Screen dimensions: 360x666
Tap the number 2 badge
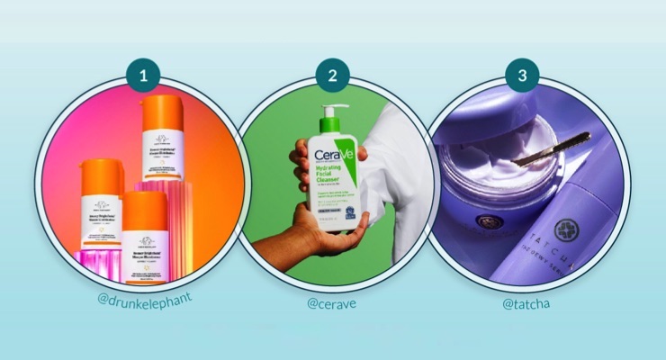pos(332,76)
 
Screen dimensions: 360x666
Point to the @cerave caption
pos(332,303)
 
